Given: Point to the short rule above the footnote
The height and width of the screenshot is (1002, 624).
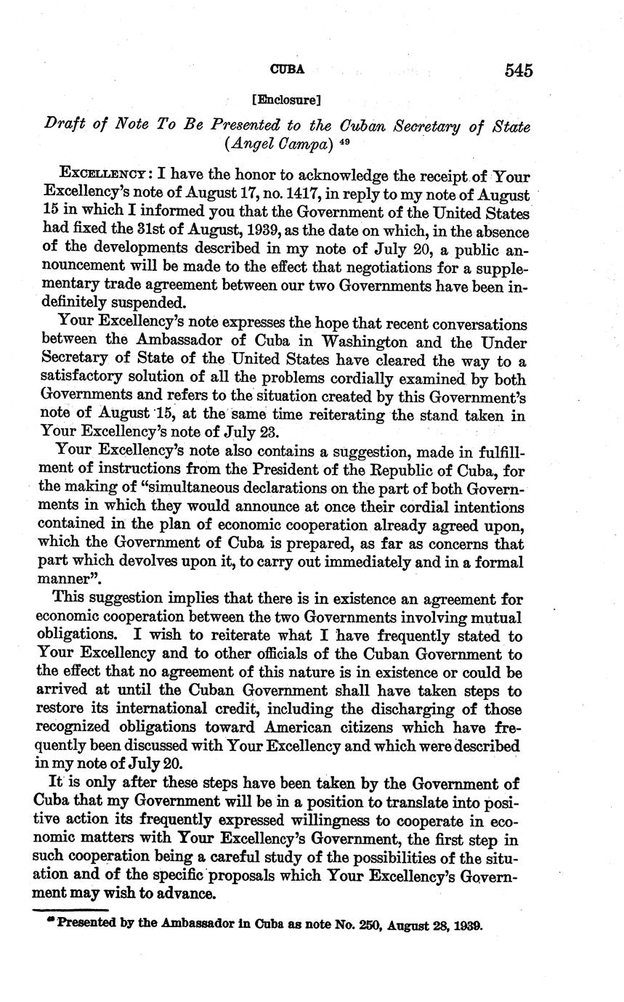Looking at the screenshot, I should [72, 911].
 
